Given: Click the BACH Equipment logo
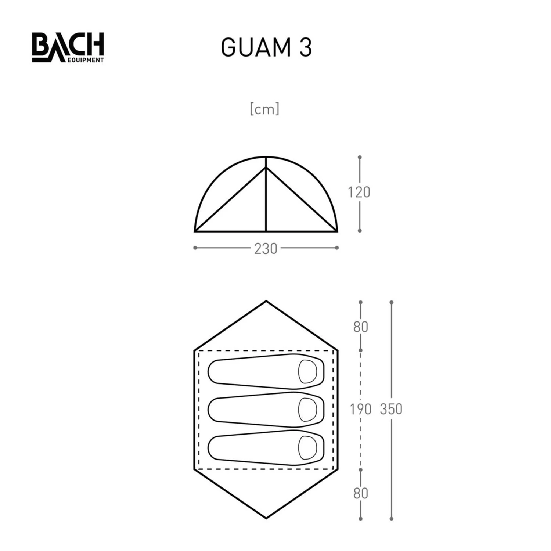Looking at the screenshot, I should click(x=68, y=47).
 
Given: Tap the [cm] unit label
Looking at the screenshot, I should click(x=264, y=109).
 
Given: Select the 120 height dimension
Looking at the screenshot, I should click(x=359, y=192).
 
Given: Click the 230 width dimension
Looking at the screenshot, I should click(x=266, y=249).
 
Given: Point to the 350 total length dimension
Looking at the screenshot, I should click(x=391, y=409).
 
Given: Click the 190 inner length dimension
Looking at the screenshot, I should click(x=360, y=409).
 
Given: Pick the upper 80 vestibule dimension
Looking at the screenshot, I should click(x=360, y=327).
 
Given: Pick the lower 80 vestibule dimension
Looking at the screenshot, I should click(x=360, y=493).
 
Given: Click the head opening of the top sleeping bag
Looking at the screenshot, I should click(x=307, y=371).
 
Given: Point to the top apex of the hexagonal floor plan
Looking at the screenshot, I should click(x=266, y=302).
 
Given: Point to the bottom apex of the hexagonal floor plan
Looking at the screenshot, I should click(x=266, y=518).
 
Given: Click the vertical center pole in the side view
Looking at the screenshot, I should click(x=266, y=198).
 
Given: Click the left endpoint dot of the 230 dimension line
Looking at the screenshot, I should click(x=195, y=248).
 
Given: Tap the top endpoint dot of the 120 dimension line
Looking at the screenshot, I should click(x=360, y=157).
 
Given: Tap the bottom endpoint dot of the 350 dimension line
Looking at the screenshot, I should click(x=391, y=519).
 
